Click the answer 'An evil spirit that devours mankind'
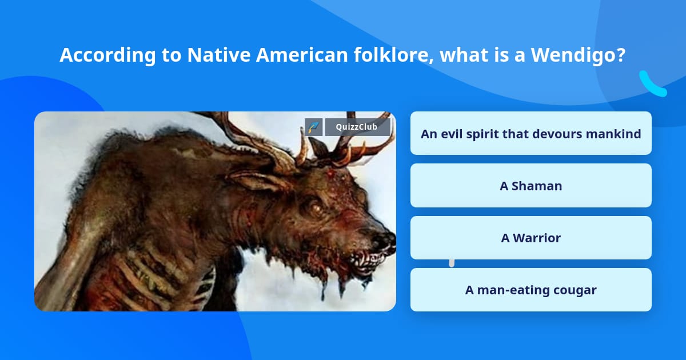(531, 133)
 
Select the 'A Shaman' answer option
(531, 186)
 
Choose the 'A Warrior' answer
(531, 238)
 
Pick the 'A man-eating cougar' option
(531, 290)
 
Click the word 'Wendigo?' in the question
(578, 55)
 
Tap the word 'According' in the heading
(108, 55)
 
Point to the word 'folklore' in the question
(393, 55)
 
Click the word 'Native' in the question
(218, 55)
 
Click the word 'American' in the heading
(302, 55)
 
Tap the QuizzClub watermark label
(357, 127)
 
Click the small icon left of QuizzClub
(313, 127)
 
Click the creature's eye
(314, 209)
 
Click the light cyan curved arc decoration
(652, 85)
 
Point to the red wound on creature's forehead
(331, 174)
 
